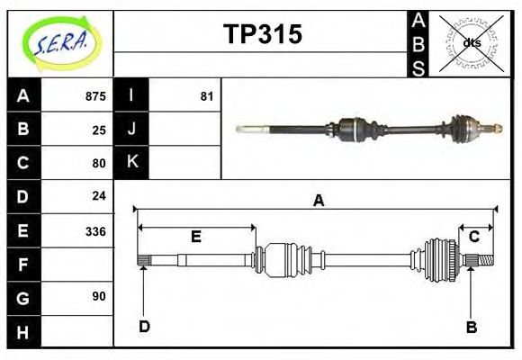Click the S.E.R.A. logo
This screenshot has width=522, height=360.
[61, 40]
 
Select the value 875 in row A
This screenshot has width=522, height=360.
[95, 96]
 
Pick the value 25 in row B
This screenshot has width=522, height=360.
[99, 130]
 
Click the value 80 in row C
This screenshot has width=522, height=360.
[99, 163]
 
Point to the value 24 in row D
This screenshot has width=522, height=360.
[99, 195]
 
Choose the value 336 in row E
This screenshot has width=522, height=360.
[95, 230]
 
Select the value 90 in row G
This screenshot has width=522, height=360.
[99, 296]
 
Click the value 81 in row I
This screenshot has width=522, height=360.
[206, 96]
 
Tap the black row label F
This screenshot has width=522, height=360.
[23, 265]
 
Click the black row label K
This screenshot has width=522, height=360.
[131, 162]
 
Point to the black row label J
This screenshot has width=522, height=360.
[131, 129]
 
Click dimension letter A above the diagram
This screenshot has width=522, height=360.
[318, 202]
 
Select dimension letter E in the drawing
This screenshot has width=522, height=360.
[195, 238]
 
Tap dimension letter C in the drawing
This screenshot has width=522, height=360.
[473, 237]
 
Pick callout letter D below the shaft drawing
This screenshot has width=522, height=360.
[144, 327]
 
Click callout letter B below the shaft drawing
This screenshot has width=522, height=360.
[471, 327]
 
